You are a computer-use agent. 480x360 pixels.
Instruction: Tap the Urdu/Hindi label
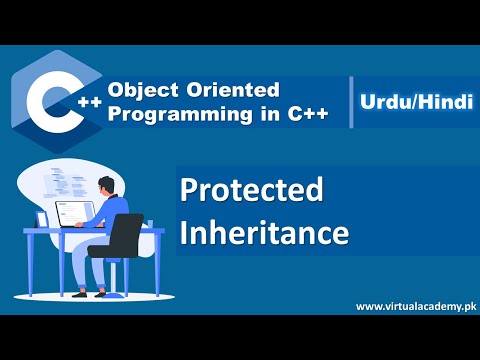coord(412,101)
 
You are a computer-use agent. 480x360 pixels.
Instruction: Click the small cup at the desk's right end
coord(150,223)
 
